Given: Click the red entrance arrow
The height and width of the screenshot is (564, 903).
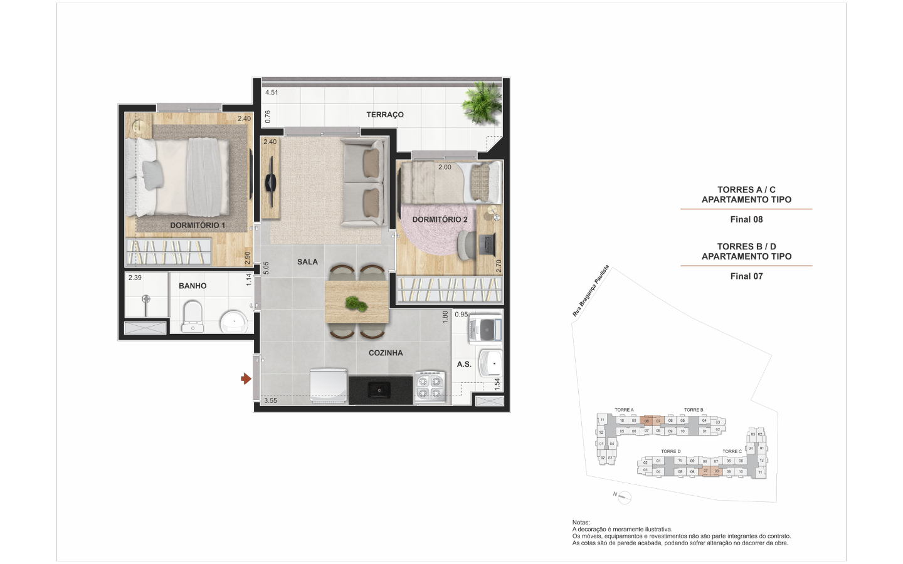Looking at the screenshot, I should point(246,379).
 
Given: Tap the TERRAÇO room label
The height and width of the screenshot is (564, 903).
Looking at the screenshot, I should point(385,115).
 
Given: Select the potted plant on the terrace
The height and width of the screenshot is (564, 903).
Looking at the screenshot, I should point(483,103).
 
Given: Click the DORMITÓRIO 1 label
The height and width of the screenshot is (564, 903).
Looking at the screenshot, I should point(197,225).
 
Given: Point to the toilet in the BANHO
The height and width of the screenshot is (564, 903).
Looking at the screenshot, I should point(192,316).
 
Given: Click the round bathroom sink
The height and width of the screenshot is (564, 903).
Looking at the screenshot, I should point(235,322).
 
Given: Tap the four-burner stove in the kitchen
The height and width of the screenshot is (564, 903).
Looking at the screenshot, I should point(430,386).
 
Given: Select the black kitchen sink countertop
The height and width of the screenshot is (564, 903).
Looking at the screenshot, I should point(380,389).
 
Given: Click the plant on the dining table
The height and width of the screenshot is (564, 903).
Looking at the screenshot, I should point(356,305).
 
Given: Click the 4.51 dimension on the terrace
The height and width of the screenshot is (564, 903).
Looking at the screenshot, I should point(272,92).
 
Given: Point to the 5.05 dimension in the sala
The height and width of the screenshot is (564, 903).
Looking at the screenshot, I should point(266,268).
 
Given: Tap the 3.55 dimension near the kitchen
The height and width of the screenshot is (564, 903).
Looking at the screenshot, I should point(270,400).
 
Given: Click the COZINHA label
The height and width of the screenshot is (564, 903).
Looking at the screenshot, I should point(386,353).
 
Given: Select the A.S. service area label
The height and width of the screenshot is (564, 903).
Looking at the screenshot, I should point(464,364).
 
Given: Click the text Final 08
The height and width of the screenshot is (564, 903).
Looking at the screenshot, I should point(746,219).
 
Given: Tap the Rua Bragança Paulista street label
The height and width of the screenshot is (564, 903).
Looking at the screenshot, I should point(591,290).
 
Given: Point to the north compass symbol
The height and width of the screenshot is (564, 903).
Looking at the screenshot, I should point(623,498).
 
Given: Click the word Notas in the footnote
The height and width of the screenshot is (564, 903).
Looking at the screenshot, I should point(581,522).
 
